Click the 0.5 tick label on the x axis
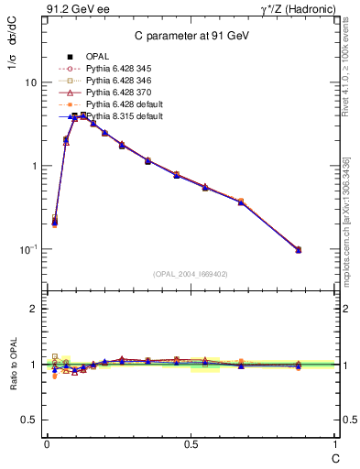click(x=191, y=443)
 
